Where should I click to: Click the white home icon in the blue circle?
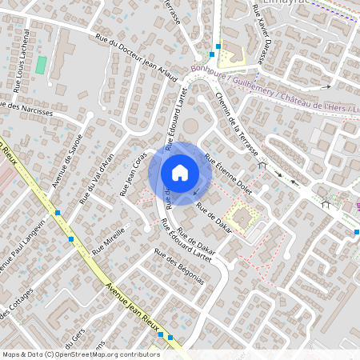coord(180,172)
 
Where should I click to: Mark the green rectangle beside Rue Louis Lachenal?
coord(40,65)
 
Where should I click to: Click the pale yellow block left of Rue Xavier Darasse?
coord(230,58)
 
